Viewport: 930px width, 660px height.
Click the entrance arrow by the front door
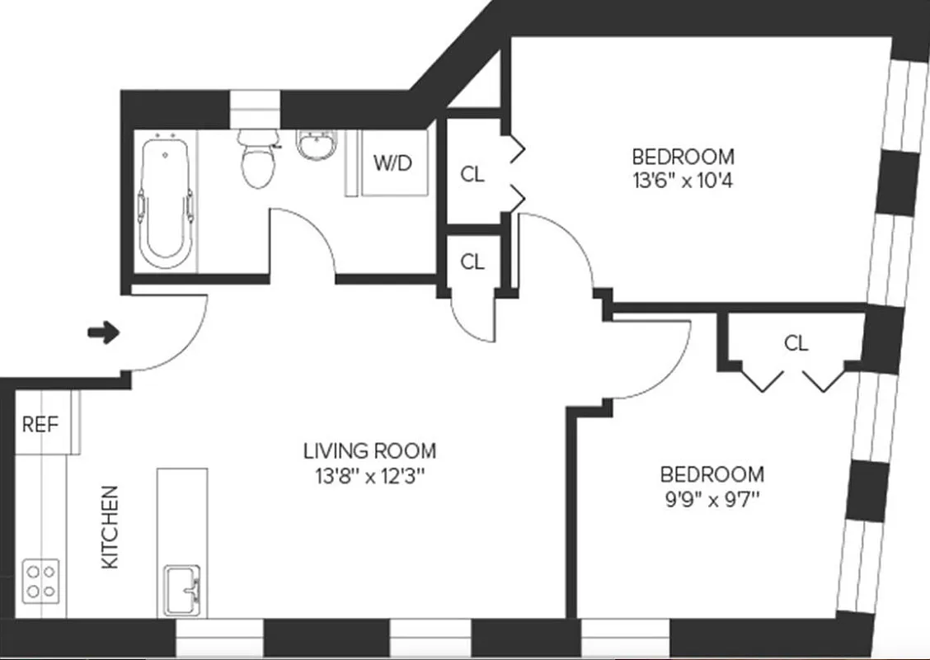(103, 333)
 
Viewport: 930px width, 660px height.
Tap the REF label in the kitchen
(40, 425)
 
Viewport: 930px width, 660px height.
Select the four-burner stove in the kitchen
(40, 580)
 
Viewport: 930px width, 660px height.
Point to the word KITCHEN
(110, 526)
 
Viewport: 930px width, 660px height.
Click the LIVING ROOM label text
(369, 451)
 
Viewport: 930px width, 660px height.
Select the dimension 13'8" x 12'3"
(369, 475)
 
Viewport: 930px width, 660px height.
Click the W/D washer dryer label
(392, 163)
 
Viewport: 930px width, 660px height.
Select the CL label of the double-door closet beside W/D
(472, 174)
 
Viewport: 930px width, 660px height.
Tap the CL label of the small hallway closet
(472, 262)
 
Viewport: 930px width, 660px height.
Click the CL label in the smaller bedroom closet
(796, 343)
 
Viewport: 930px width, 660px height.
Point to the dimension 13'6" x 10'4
(682, 180)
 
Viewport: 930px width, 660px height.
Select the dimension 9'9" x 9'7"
(712, 498)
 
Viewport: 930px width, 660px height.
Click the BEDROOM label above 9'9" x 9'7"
(712, 474)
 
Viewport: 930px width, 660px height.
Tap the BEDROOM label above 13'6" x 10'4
(682, 156)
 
